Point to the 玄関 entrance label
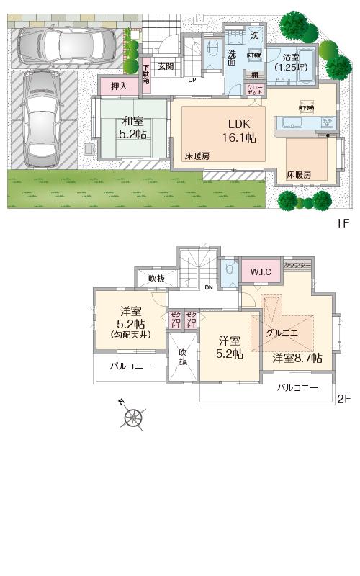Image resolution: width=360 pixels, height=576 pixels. [x=166, y=66]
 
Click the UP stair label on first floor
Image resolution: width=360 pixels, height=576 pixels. [x=192, y=80]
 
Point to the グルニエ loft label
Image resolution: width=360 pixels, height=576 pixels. [x=279, y=333]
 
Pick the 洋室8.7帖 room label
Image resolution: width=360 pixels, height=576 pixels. [x=297, y=358]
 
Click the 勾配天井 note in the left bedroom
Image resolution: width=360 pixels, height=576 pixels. [x=130, y=335]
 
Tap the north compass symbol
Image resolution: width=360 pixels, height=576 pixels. [x=132, y=416]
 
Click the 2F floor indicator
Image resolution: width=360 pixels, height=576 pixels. [x=343, y=398]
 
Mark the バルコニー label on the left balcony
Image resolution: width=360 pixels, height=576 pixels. [x=130, y=366]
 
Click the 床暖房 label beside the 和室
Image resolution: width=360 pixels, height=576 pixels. [x=197, y=156]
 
